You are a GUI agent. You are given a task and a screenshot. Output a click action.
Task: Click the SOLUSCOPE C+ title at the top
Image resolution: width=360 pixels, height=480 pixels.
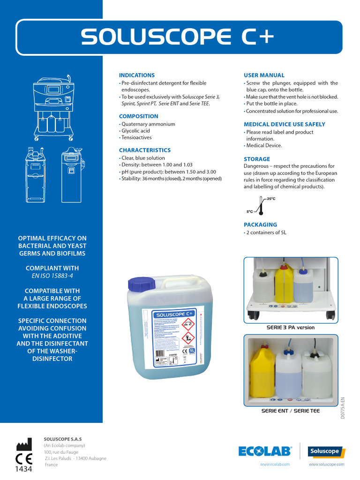(178, 37)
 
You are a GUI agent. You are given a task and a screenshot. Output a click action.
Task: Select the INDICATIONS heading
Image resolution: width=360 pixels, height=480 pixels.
(136, 75)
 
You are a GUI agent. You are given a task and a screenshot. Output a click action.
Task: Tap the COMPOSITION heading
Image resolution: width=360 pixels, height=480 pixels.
(138, 116)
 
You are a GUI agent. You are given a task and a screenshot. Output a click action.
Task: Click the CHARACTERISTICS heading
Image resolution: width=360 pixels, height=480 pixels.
(144, 150)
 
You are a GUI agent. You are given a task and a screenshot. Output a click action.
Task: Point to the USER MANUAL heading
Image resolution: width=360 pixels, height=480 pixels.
(264, 75)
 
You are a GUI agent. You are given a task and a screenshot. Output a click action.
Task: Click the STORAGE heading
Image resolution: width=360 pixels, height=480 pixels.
(256, 159)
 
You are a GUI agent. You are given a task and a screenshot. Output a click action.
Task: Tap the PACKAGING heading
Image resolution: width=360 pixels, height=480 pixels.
(260, 225)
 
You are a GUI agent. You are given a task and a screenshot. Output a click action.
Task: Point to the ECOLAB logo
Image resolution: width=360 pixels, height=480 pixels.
(265, 451)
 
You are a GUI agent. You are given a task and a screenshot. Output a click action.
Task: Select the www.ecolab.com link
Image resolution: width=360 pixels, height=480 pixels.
(275, 464)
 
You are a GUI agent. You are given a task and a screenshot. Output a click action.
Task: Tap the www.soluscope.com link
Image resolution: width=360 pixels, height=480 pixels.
(326, 464)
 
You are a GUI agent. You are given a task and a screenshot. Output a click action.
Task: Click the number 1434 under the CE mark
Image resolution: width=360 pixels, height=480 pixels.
(24, 469)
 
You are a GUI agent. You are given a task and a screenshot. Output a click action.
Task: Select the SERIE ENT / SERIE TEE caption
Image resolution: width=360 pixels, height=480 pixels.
(291, 411)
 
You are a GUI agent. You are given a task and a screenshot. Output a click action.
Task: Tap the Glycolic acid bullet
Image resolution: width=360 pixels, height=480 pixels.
(136, 131)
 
